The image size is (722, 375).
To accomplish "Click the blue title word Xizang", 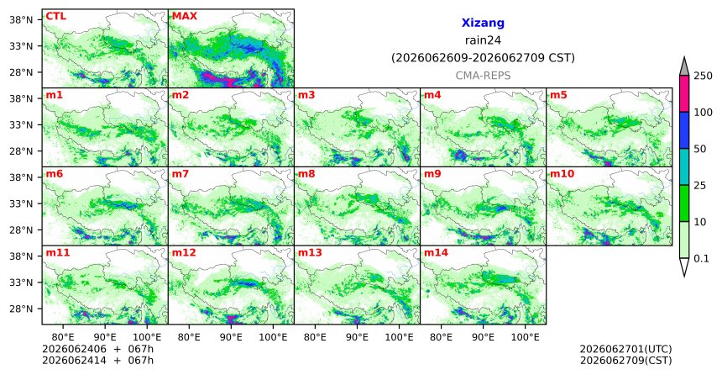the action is click(x=483, y=23).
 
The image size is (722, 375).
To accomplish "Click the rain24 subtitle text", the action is click(x=483, y=40).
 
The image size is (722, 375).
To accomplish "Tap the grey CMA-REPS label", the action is click(x=483, y=75).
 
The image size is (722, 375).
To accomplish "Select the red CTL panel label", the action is click(x=55, y=16).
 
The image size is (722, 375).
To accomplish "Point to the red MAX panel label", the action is click(x=184, y=16).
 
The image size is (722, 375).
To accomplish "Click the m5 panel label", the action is click(x=558, y=95).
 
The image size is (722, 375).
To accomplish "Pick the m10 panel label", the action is click(x=562, y=174).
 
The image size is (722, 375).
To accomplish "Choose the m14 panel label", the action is click(x=436, y=253).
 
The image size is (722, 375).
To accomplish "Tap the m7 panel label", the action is click(x=180, y=174).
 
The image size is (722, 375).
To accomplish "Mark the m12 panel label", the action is click(x=184, y=253).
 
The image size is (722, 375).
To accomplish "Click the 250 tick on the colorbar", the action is click(x=704, y=76).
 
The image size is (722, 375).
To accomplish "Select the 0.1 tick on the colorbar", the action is click(x=701, y=258).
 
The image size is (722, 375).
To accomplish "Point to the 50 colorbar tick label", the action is click(x=700, y=149).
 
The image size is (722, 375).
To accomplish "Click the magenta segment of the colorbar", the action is click(x=684, y=93).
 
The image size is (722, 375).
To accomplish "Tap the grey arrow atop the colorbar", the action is click(x=684, y=66).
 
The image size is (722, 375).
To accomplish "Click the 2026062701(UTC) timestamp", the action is click(x=625, y=349).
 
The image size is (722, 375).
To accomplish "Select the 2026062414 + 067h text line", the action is click(x=97, y=360).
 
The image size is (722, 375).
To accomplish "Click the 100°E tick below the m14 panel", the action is click(x=525, y=337).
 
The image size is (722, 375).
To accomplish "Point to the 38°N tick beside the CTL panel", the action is click(x=21, y=20).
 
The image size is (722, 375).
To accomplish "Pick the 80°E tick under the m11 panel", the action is click(x=63, y=337).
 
